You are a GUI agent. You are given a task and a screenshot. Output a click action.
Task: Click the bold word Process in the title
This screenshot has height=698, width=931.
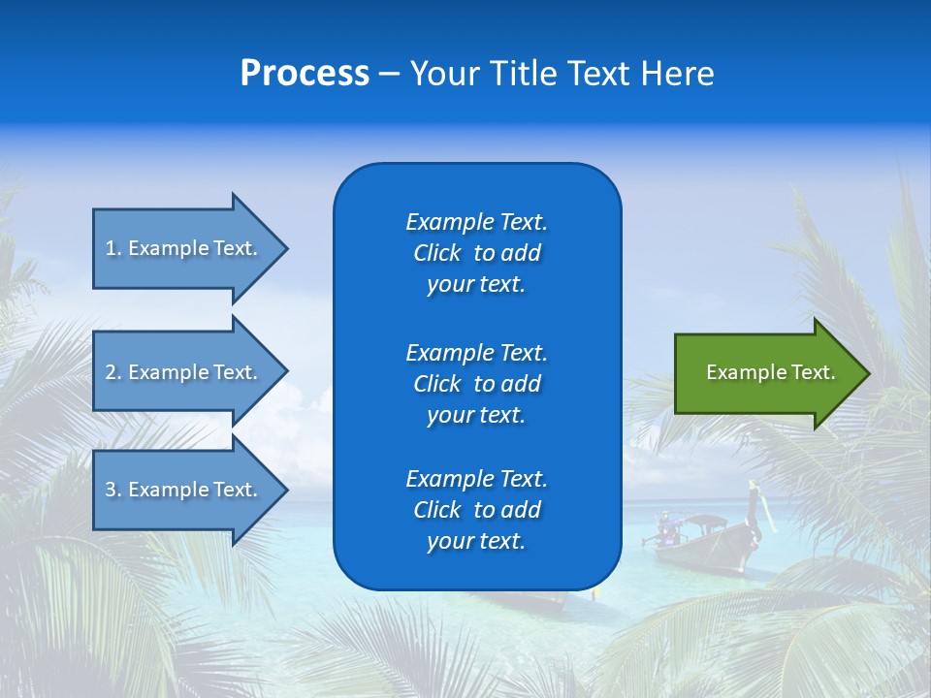305,74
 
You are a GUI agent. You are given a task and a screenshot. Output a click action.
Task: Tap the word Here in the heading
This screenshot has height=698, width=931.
678,74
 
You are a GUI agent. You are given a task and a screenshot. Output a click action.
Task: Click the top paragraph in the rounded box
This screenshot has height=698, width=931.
476,253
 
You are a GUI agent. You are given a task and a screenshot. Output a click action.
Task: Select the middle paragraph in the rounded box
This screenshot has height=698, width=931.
476,384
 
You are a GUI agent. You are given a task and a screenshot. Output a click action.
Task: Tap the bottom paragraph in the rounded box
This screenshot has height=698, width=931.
476,510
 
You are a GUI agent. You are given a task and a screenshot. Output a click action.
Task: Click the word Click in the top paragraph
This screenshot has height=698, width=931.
436,253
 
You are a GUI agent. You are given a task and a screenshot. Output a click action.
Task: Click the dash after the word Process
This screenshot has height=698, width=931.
389,75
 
